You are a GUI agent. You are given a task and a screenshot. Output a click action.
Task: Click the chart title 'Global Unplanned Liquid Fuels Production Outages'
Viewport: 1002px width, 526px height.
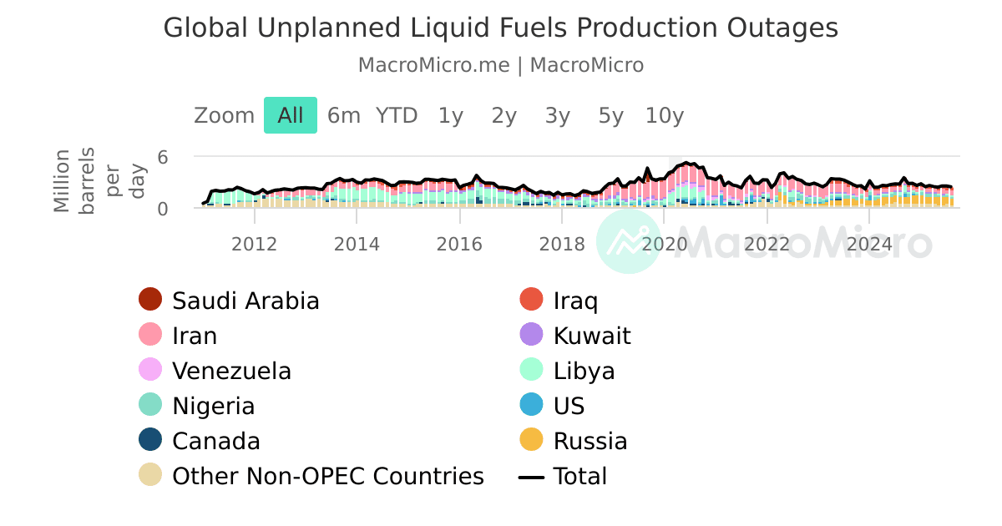click(x=500, y=28)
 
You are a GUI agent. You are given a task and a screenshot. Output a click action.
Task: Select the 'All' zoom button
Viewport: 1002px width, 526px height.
click(x=291, y=115)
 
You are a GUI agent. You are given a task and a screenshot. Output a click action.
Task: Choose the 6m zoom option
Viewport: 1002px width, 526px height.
click(x=343, y=115)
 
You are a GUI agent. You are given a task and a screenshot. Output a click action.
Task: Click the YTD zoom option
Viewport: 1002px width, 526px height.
click(x=397, y=115)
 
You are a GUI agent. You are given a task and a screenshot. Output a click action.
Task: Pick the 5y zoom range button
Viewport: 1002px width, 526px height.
click(x=610, y=115)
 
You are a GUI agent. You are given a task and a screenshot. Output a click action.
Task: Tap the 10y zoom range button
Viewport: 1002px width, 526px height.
click(x=665, y=115)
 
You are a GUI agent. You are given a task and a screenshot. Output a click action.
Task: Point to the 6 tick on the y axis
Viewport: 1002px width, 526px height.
click(x=163, y=157)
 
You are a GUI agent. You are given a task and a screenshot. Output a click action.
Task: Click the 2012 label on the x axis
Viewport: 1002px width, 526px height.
click(x=254, y=244)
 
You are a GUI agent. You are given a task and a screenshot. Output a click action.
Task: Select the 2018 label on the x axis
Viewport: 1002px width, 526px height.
click(x=562, y=244)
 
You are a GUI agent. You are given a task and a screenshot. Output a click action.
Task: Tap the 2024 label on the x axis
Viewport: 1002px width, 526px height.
click(x=869, y=244)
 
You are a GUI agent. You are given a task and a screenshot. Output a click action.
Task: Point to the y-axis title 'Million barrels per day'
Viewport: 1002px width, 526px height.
click(x=99, y=180)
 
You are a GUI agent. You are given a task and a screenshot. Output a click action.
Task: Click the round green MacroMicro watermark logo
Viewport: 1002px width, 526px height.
click(x=629, y=241)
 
